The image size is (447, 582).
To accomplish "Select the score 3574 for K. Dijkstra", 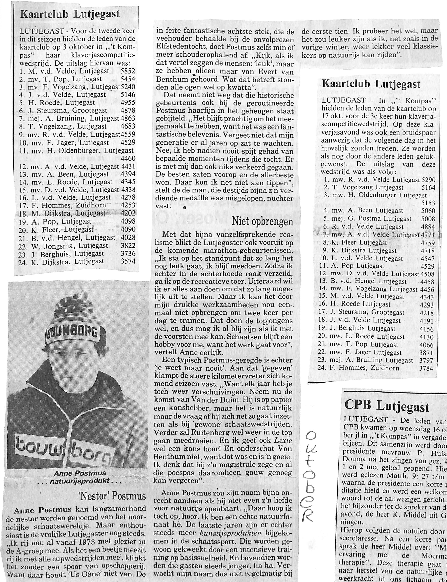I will [x=128, y=261].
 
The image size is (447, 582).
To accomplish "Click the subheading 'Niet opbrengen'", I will [x=262, y=221].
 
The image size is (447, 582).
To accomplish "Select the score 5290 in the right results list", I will [x=428, y=180].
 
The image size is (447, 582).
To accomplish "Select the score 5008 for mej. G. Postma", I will [x=428, y=219].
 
